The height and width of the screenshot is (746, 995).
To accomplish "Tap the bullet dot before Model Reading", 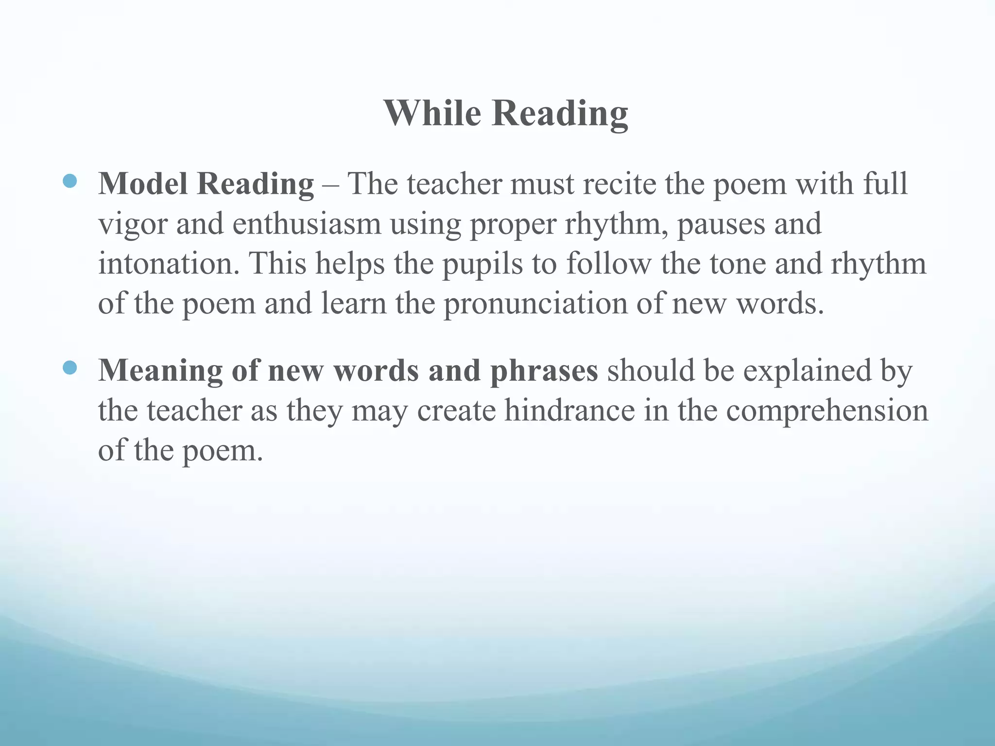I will tap(70, 181).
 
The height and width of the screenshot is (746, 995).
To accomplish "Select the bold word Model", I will tap(143, 184).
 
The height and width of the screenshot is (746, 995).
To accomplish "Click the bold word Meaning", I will tap(161, 372).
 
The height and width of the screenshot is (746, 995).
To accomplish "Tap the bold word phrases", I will tap(544, 372).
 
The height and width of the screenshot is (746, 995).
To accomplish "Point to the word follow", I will tap(608, 264).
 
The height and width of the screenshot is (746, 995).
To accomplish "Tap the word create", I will tap(456, 410).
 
